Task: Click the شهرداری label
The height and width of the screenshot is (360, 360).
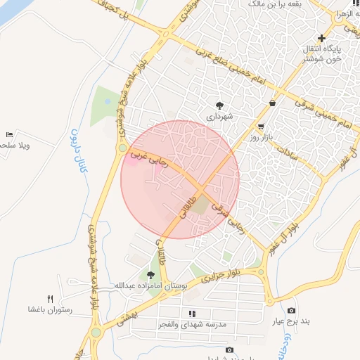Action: (219, 115)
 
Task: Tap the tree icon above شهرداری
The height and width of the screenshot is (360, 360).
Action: (219, 104)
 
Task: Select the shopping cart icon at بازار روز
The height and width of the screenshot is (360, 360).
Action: (261, 127)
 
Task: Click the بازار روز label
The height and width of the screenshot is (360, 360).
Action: (261, 138)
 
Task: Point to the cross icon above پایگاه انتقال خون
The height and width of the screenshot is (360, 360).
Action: (322, 37)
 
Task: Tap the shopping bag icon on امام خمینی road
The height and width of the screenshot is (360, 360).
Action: (272, 103)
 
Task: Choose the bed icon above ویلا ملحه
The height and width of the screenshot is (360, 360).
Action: (9, 134)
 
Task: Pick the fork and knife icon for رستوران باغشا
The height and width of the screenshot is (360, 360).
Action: (50, 299)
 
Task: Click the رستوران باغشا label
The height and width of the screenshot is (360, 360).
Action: (47, 309)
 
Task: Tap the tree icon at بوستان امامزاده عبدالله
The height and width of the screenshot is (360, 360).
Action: (150, 275)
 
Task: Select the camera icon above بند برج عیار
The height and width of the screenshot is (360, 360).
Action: (292, 311)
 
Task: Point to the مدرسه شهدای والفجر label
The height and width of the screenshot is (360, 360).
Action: (192, 324)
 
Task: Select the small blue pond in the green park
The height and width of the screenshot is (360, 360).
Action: (107, 101)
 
